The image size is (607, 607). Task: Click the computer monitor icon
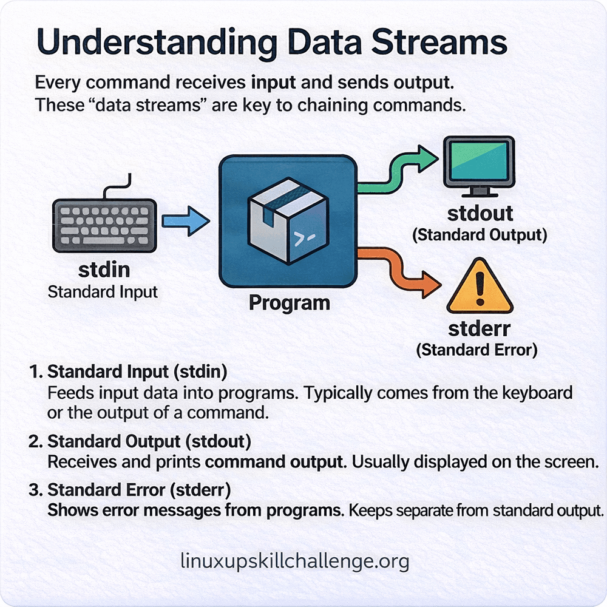point(479,164)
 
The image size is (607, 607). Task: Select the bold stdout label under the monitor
point(480,214)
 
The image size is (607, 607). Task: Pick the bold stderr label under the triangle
point(479,329)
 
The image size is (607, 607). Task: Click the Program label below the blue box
point(289,302)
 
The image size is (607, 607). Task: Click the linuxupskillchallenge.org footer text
point(295,561)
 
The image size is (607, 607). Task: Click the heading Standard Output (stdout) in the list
point(149,441)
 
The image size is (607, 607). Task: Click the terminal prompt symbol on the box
point(302,240)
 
